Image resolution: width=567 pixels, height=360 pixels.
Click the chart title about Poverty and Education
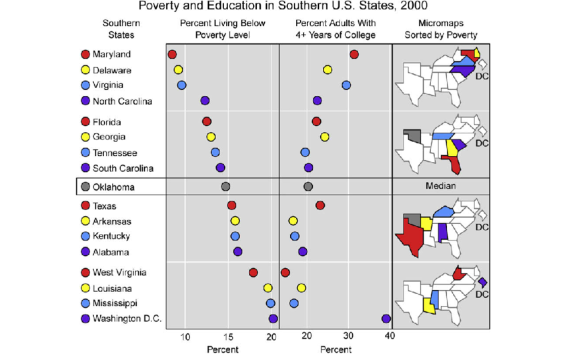pyautogui.click(x=283, y=7)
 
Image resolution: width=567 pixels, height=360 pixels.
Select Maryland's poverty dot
pyautogui.click(x=172, y=55)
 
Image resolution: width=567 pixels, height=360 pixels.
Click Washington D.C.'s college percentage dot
pyautogui.click(x=386, y=319)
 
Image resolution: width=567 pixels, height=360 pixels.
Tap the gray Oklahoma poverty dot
pyautogui.click(x=225, y=187)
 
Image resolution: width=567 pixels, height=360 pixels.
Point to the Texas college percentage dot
pyautogui.click(x=320, y=205)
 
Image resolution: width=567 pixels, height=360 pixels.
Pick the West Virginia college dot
pyautogui.click(x=286, y=272)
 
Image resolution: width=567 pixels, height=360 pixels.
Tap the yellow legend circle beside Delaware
pyautogui.click(x=85, y=70)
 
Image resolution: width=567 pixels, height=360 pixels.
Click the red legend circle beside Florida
pyautogui.click(x=85, y=122)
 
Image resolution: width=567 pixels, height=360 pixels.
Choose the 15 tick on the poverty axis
pyautogui.click(x=228, y=337)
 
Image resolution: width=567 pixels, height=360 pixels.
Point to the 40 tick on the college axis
pyautogui.click(x=390, y=337)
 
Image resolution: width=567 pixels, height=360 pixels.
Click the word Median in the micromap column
pyautogui.click(x=440, y=187)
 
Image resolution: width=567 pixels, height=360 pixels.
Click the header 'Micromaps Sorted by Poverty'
pyautogui.click(x=440, y=29)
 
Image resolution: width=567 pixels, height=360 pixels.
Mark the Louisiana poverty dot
pyautogui.click(x=267, y=288)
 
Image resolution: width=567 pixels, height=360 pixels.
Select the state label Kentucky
pyautogui.click(x=111, y=236)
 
